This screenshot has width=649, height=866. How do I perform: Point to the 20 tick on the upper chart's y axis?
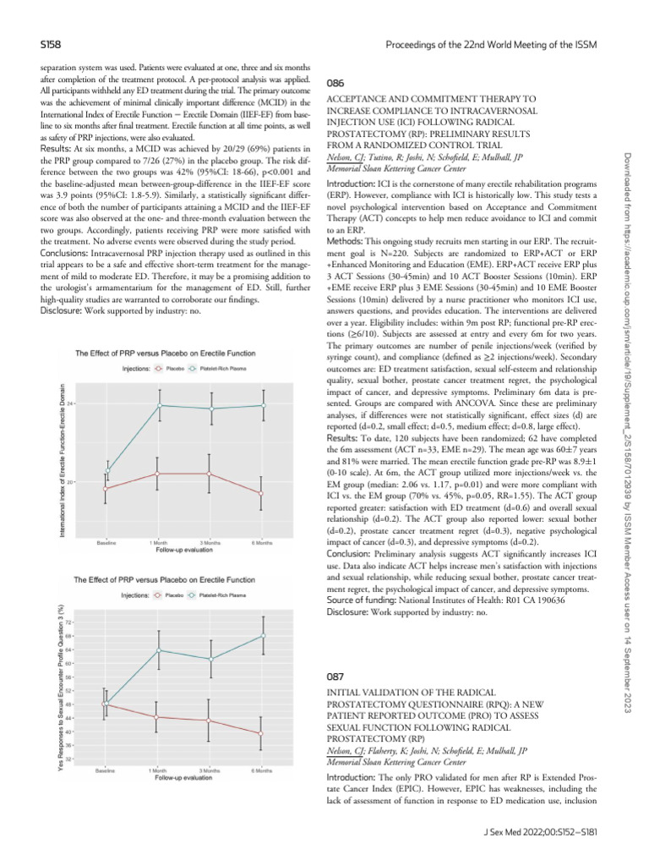(71, 482)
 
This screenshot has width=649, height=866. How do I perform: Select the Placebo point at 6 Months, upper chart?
(262, 493)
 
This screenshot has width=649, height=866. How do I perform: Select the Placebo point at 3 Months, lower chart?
(210, 721)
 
